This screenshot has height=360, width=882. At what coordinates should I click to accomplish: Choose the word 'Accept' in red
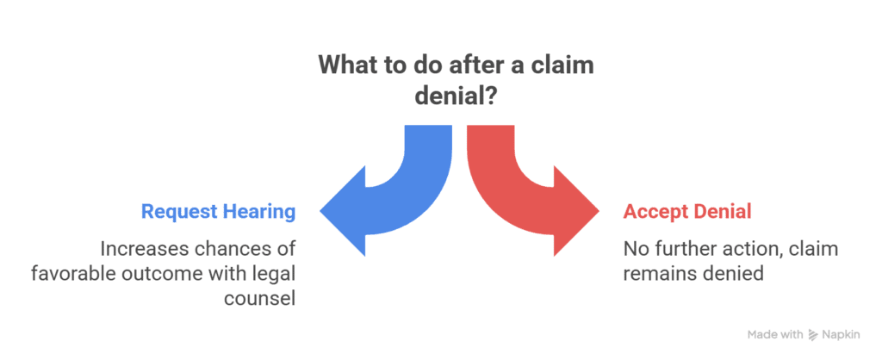pyautogui.click(x=652, y=211)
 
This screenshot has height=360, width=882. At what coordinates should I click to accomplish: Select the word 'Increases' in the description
pyautogui.click(x=143, y=249)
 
